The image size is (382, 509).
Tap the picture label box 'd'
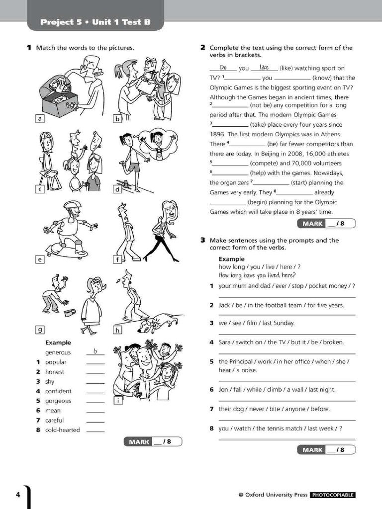pyautogui.click(x=118, y=189)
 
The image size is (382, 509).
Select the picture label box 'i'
pyautogui.click(x=118, y=401)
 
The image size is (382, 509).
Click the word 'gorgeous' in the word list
pyautogui.click(x=58, y=401)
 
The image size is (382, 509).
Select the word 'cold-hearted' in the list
pyautogui.click(x=62, y=430)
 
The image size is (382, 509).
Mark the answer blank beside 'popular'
pyautogui.click(x=95, y=362)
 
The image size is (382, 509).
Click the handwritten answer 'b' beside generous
pyautogui.click(x=95, y=352)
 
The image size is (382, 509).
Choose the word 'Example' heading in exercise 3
pyautogui.click(x=231, y=259)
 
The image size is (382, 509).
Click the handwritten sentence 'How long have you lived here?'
pyautogui.click(x=257, y=275)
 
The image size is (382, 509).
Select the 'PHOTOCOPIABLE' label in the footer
pyautogui.click(x=333, y=495)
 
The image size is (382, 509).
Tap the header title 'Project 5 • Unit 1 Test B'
pyautogui.click(x=95, y=22)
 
